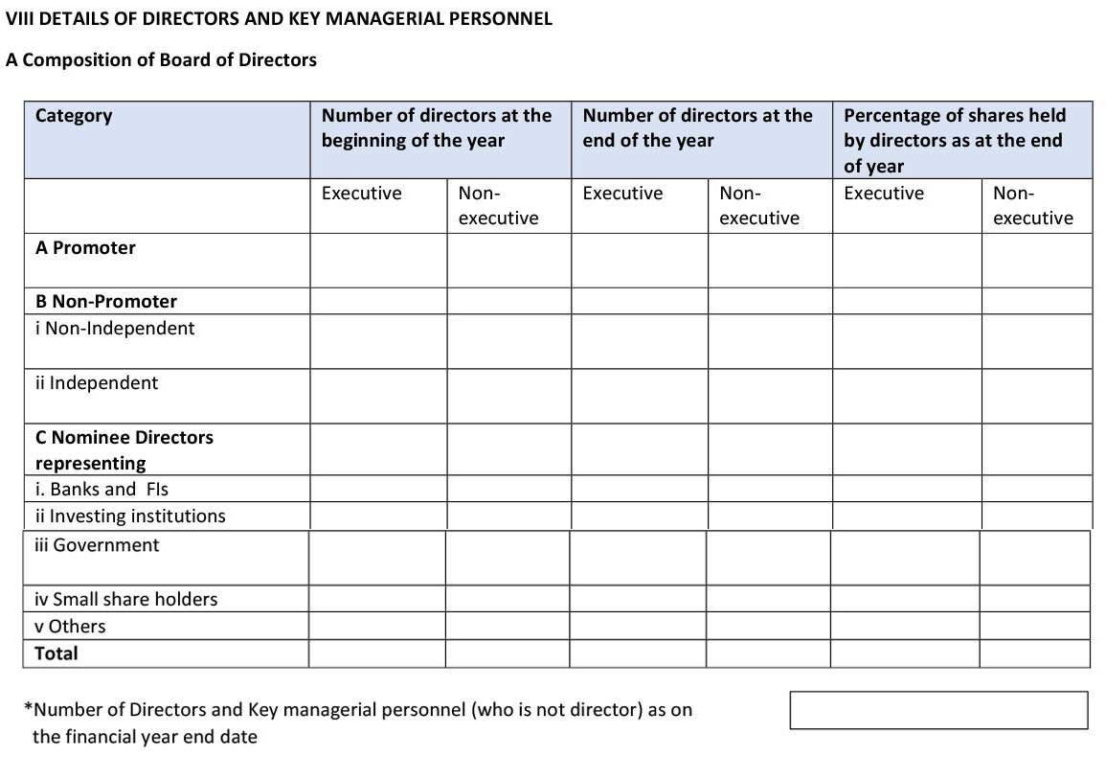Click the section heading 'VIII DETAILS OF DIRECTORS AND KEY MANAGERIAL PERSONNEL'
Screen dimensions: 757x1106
[x=279, y=19]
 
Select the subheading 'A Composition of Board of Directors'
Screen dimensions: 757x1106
[x=161, y=60]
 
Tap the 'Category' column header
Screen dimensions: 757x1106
[x=74, y=116]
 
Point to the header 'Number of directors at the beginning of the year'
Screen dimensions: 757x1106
[x=437, y=128]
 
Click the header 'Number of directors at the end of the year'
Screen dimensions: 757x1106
[x=697, y=128]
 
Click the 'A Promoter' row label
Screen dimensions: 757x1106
[x=85, y=248]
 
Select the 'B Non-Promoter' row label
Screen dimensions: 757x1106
[x=106, y=302]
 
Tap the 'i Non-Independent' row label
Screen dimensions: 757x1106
[x=115, y=329]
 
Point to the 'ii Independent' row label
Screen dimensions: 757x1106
[x=97, y=383]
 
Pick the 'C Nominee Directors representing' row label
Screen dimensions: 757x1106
[x=124, y=450]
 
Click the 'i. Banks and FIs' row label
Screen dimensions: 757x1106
[x=102, y=490]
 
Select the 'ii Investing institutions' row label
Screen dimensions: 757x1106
[x=130, y=516]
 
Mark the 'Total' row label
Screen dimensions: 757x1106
[x=56, y=654]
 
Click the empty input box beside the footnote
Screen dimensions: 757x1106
[x=938, y=710]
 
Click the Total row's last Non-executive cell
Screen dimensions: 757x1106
[x=1034, y=654]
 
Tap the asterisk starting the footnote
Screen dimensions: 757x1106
[x=29, y=710]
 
